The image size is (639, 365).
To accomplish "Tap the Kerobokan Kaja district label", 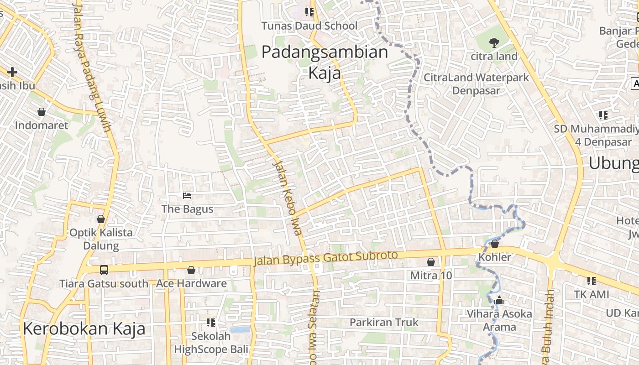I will point(84,328).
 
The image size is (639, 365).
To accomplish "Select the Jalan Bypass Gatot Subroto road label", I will point(326,258).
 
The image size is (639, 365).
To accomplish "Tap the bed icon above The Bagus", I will point(187,196).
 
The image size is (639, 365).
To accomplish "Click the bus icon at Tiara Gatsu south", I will point(104,270).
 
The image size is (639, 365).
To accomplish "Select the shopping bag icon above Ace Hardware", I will point(191,270).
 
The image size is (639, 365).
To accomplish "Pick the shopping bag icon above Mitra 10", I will point(430,262).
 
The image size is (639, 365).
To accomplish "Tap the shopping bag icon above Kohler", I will point(495,244).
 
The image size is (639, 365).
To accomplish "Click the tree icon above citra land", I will point(494,43).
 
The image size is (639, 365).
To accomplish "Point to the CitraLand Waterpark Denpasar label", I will point(476,83).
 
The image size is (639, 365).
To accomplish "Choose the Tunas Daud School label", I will point(309,26).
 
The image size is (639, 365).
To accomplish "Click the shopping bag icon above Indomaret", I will point(42,112).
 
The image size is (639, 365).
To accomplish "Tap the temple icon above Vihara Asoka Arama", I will point(499,300).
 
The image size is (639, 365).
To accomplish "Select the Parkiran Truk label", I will point(383,322).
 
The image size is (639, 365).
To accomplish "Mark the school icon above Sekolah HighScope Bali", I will point(210,323).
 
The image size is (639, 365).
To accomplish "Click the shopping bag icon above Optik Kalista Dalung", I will point(101,219).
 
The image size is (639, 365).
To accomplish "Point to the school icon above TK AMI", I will point(592,281).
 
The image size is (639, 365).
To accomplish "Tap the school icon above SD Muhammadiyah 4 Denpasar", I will point(603,115).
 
